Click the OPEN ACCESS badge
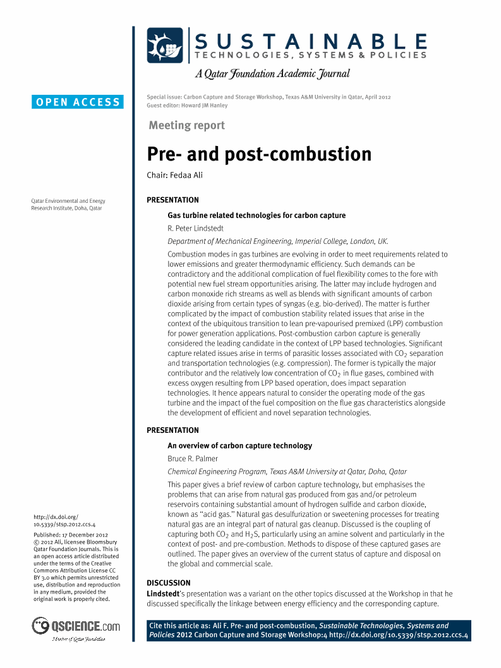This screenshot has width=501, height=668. pyautogui.click(x=78, y=102)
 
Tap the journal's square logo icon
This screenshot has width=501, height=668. pyautogui.click(x=165, y=46)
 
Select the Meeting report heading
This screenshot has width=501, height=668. pyautogui.click(x=186, y=125)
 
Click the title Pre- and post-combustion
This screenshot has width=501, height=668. pyautogui.click(x=259, y=154)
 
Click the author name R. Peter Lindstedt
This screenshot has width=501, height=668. pyautogui.click(x=196, y=228)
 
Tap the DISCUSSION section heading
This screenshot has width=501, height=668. pyautogui.click(x=168, y=583)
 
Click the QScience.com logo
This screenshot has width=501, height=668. pyautogui.click(x=76, y=626)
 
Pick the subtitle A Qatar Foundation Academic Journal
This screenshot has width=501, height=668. pyautogui.click(x=272, y=74)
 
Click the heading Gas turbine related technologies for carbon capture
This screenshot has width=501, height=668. pyautogui.click(x=257, y=216)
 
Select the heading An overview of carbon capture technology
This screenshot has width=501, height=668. pyautogui.click(x=239, y=446)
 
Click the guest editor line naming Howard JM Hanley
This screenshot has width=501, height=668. pyautogui.click(x=187, y=106)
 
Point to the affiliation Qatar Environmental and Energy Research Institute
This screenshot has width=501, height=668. pyautogui.click(x=68, y=204)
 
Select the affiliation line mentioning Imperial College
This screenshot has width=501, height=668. pyautogui.click(x=277, y=241)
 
